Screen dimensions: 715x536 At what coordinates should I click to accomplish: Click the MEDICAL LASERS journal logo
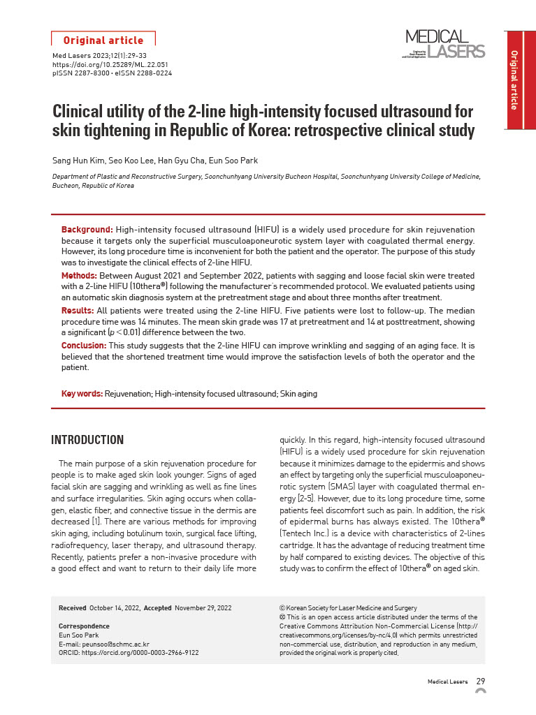(x=444, y=44)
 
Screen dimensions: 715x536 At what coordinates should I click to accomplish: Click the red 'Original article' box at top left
(x=103, y=40)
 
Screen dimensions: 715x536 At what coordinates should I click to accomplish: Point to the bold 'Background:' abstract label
(x=87, y=230)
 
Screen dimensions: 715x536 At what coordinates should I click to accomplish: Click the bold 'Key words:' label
(x=82, y=394)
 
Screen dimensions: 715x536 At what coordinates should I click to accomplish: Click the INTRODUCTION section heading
(x=87, y=440)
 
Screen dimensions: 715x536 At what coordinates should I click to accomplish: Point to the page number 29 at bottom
(x=481, y=681)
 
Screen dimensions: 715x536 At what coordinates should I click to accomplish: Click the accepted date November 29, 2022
(x=203, y=608)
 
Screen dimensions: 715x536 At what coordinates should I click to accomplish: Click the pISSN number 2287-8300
(x=92, y=73)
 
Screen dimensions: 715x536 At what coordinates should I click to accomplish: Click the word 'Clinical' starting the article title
(x=79, y=112)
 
